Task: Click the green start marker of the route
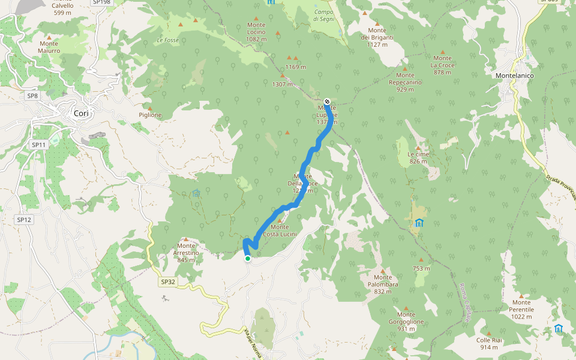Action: point(248,259)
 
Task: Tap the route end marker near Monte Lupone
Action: point(327,101)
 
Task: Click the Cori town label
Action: point(80,113)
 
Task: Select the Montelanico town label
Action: point(515,76)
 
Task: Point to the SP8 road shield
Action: point(32,95)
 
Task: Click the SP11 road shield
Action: point(38,145)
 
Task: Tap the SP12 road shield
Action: point(24,220)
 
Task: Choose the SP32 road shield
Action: point(168,281)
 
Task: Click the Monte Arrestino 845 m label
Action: point(187,253)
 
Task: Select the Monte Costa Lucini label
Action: point(280,230)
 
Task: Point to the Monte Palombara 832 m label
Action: point(383,284)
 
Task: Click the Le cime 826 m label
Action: point(418,157)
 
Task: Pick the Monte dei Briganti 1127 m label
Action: point(377,34)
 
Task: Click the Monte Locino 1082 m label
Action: point(256,32)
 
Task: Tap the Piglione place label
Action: point(150,115)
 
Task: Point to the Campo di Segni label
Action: point(323,14)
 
